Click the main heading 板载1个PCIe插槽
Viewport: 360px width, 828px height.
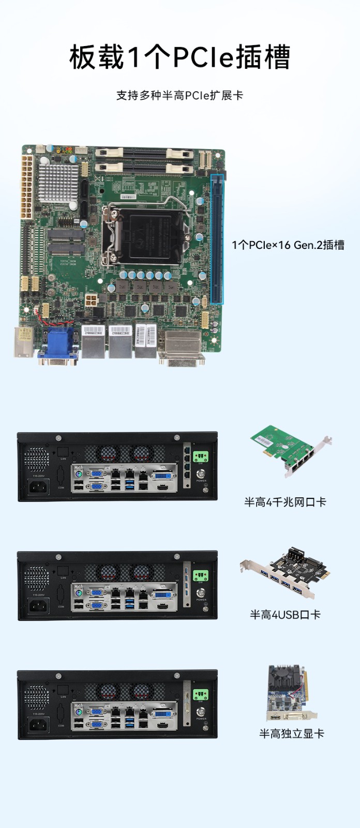tap(179, 57)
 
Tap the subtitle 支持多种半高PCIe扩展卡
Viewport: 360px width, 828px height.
tap(179, 95)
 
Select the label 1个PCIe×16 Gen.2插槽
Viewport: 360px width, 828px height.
tap(288, 245)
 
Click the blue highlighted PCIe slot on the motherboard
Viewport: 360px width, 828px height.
tap(217, 238)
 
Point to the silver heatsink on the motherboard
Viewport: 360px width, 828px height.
tap(58, 182)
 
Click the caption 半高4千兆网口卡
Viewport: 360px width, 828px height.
tap(285, 501)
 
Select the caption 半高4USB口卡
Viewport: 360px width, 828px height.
tap(285, 614)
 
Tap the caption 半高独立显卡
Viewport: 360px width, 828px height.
tap(291, 733)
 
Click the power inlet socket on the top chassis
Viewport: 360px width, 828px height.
tap(38, 486)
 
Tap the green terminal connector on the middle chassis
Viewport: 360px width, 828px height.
tap(200, 575)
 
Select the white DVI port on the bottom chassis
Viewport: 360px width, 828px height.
tap(163, 714)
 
